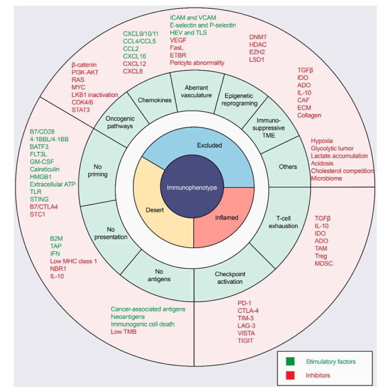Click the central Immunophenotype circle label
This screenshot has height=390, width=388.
192,188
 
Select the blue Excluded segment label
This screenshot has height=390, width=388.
209,145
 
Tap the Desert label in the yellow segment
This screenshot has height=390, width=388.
155,210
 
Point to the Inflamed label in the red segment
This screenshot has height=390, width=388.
227,217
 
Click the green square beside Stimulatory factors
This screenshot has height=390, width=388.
290,361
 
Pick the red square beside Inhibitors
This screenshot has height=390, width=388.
290,376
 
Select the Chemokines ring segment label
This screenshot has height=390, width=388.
155,100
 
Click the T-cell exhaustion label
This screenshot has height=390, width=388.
283,222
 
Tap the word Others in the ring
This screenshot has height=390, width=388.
288,166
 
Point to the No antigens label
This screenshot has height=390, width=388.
159,275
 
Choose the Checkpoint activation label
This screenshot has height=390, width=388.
230,278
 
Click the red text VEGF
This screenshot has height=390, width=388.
178,40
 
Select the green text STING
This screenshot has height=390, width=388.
39,199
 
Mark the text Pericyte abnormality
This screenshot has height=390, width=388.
197,63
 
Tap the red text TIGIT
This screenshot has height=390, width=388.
245,341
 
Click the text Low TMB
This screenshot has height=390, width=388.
123,332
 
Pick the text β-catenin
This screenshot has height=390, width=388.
84,65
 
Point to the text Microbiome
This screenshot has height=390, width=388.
326,178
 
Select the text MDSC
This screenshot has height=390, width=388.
324,264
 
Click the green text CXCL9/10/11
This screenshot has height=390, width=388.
141,34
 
